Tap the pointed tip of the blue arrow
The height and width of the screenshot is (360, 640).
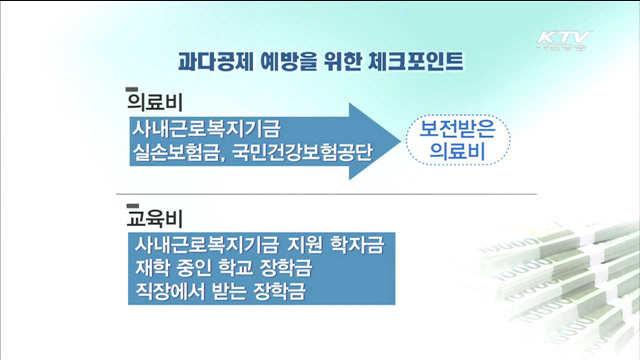click(x=396, y=140)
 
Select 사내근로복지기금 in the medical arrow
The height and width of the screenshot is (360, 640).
click(x=206, y=128)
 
